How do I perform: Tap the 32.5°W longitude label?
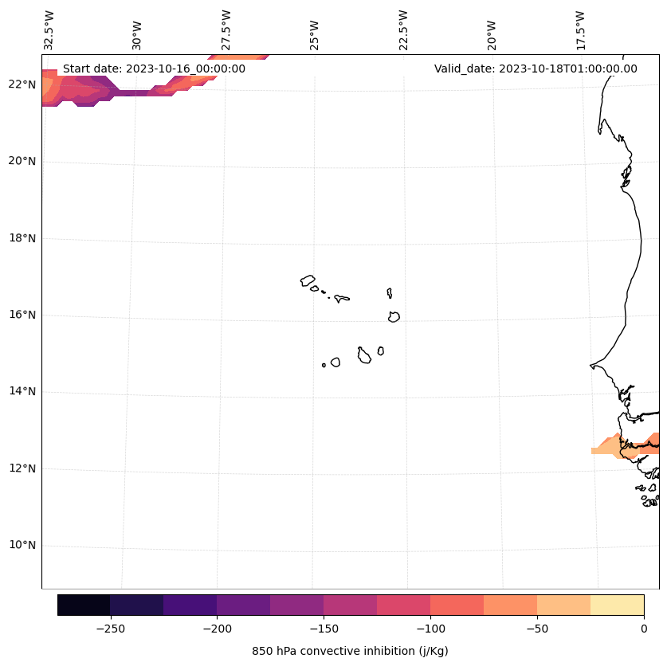49,30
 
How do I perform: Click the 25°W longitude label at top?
315,35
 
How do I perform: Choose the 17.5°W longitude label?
580,30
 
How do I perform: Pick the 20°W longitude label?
492,35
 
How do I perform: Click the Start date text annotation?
154,69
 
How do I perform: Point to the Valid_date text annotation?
536,69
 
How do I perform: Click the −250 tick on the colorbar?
110,629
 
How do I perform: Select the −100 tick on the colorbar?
430,629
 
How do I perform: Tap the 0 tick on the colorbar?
644,629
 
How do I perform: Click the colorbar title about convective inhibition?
350,652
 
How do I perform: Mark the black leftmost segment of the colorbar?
84,605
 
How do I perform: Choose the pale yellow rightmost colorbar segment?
617,605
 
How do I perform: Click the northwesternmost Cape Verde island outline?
308,280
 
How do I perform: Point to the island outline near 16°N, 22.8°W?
394,317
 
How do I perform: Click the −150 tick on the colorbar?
324,629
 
